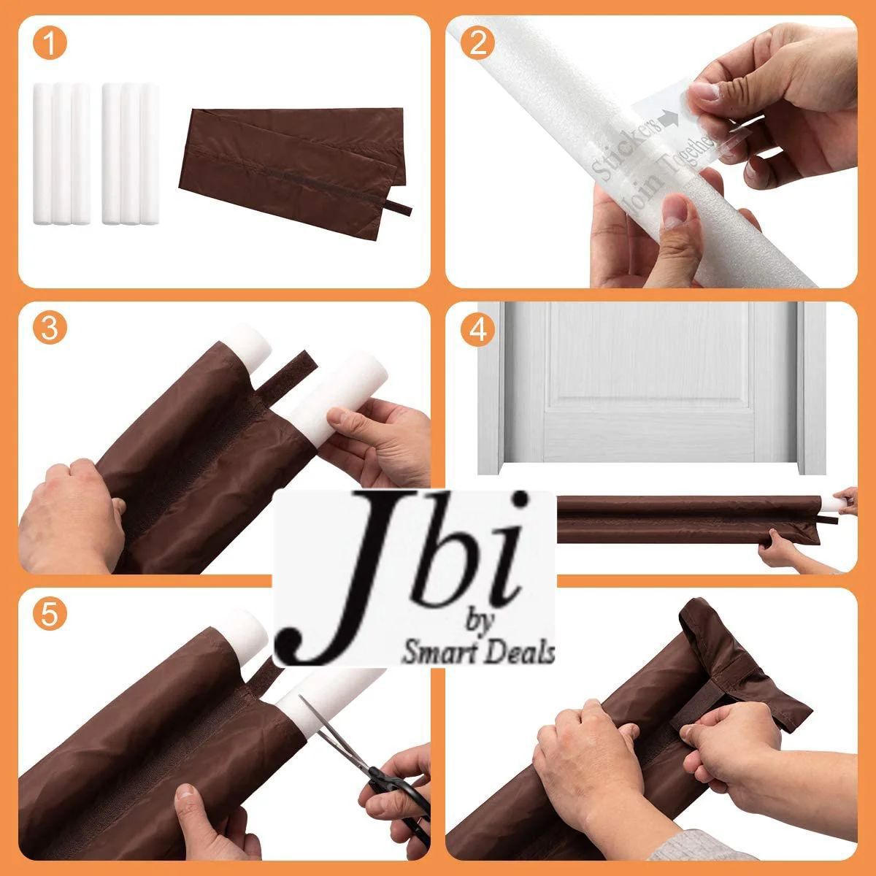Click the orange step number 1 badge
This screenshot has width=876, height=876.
[50, 44]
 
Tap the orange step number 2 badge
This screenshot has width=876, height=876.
[477, 44]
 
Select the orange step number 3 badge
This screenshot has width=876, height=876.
[50, 329]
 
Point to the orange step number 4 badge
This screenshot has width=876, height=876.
[477, 329]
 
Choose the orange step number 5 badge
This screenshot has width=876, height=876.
[50, 615]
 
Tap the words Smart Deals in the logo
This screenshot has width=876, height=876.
[478, 653]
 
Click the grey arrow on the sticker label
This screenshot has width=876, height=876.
[668, 117]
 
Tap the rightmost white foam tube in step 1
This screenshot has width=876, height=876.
[149, 153]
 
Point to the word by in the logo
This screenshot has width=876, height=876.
[479, 621]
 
